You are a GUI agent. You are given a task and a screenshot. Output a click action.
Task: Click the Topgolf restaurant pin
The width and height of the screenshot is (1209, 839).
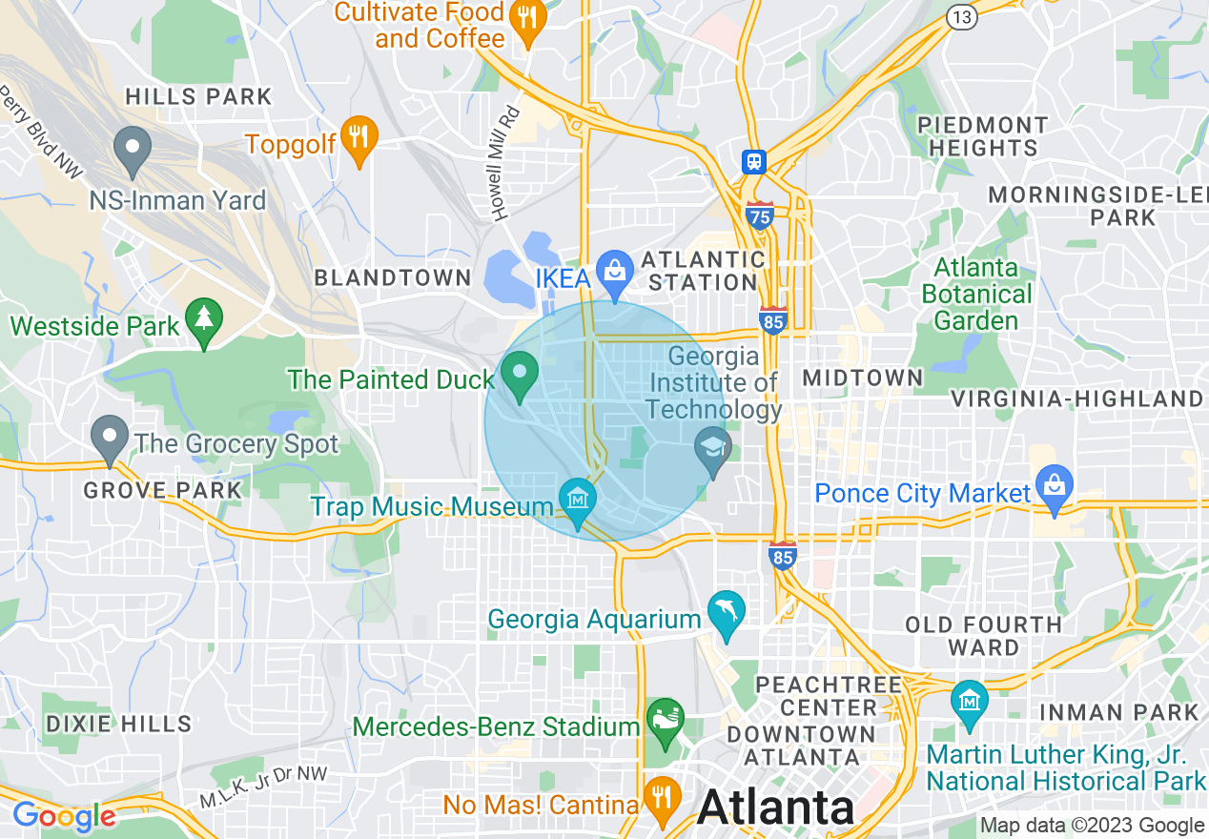click(359, 139)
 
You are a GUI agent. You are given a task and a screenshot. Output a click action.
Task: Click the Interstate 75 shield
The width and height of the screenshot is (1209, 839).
click(759, 216)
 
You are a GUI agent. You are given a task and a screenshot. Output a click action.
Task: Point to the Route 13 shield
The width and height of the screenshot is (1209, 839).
click(960, 16)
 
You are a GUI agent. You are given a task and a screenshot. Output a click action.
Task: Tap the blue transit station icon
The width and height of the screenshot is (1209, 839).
click(754, 161)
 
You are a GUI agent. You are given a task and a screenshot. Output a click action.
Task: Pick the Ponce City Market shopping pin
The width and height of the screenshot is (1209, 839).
click(1054, 486)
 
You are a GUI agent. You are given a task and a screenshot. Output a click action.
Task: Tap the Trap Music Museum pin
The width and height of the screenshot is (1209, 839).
click(578, 501)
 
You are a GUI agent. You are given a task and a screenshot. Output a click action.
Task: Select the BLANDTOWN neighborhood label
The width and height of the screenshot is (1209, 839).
click(393, 278)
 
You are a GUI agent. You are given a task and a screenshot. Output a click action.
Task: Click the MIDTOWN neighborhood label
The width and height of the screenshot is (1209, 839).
click(863, 378)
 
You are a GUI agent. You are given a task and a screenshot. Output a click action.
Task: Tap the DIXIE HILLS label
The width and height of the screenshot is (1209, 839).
click(118, 724)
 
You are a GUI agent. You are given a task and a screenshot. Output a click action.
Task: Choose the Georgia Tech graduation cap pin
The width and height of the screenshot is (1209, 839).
click(712, 449)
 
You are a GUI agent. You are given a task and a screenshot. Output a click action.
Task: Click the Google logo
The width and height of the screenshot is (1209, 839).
click(64, 816)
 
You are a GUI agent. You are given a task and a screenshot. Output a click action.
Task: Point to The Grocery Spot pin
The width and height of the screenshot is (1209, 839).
click(110, 439)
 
